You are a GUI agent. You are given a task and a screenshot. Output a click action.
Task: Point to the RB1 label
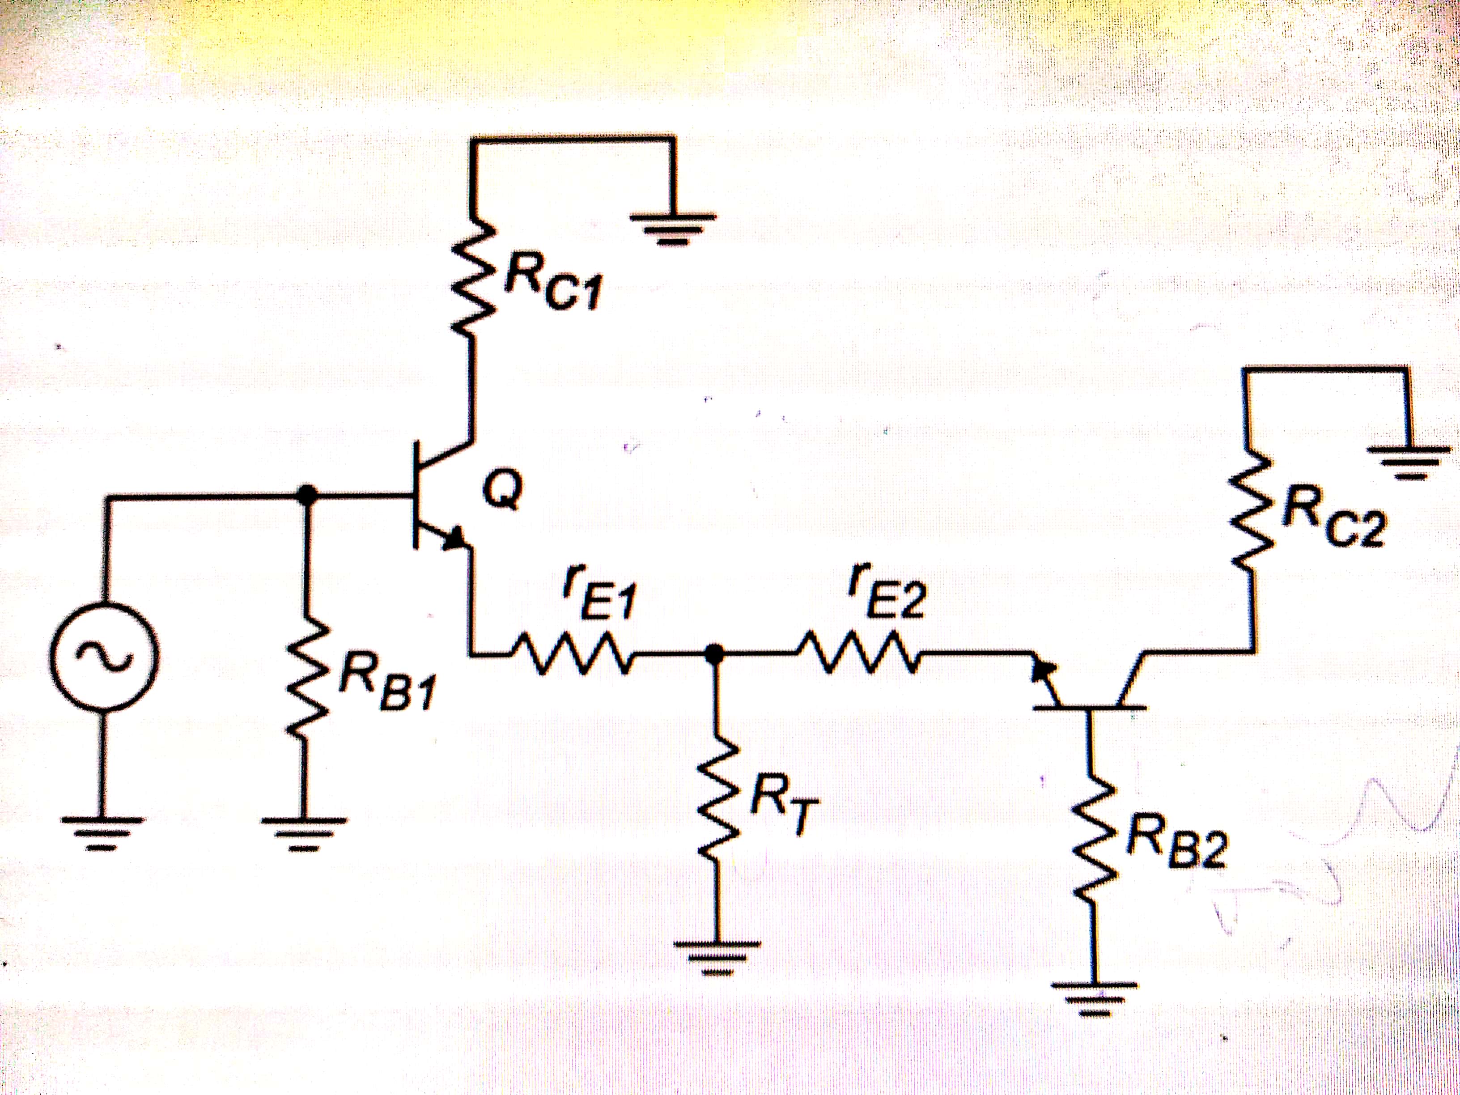coord(386,687)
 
